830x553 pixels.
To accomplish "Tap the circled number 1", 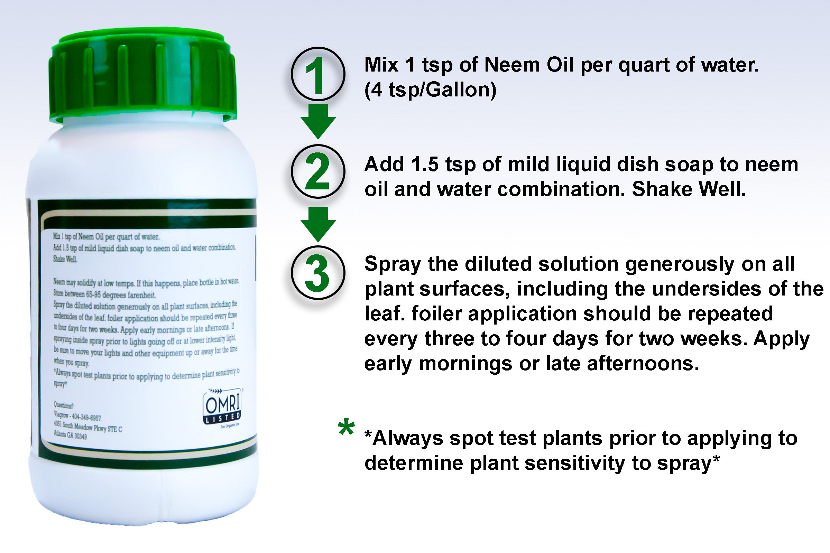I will [317, 74].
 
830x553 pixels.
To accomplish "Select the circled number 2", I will [317, 172].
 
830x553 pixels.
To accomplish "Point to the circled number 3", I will [317, 273].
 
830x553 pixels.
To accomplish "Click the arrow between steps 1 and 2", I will [318, 121].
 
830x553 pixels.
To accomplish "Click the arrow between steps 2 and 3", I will [318, 224].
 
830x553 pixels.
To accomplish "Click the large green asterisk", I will [346, 428].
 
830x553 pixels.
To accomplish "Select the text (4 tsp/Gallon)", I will [430, 90].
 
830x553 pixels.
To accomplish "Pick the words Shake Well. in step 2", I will [689, 189].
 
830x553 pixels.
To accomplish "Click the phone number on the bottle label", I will [86, 418].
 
